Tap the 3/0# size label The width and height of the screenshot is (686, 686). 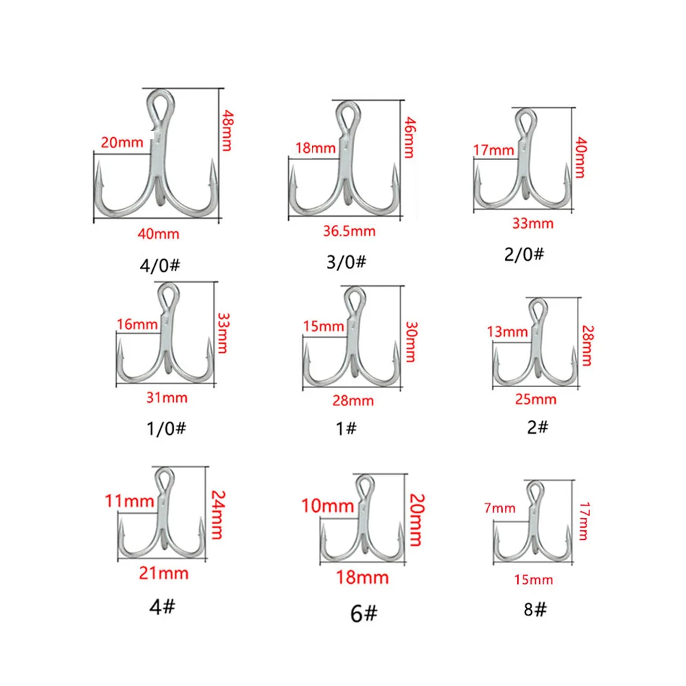coord(348,262)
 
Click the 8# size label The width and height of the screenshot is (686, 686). coord(534,608)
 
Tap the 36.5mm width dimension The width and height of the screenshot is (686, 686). coord(351,231)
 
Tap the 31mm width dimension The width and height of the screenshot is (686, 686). coord(167,397)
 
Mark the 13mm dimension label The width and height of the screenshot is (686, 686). coord(508,332)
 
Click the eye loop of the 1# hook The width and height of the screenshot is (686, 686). coord(353,300)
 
